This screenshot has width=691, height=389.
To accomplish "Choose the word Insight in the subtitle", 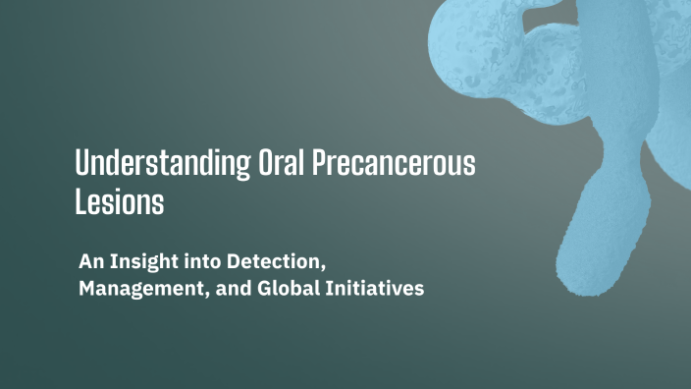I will [143, 264].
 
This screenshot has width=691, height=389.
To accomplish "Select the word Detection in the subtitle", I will [274, 264].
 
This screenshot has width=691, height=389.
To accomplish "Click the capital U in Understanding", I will [82, 163].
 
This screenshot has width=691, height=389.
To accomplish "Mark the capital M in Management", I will [86, 292].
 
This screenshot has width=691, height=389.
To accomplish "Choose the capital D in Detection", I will [234, 264].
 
